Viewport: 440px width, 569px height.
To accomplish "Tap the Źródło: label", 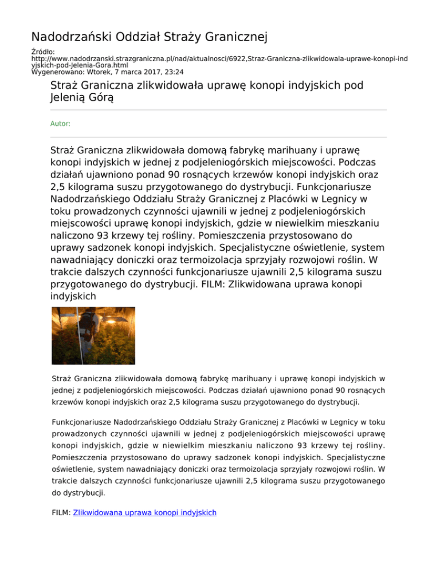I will [x=42, y=52].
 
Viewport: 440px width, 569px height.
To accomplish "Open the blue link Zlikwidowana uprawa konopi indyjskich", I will [x=145, y=513].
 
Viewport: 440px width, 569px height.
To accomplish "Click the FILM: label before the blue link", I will [x=61, y=513].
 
